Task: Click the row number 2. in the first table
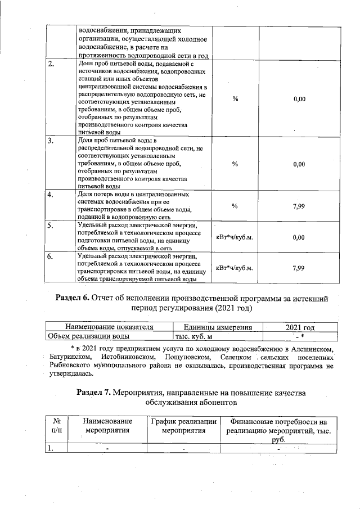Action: [x=51, y=63]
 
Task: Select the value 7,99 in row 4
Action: [x=299, y=206]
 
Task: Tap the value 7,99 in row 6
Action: [x=299, y=268]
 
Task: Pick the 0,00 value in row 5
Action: [x=299, y=237]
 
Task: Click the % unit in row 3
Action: [x=235, y=164]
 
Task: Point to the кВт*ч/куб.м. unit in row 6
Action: [x=235, y=268]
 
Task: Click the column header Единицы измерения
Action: [x=218, y=327]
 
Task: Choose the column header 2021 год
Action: [x=299, y=327]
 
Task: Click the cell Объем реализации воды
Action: [x=88, y=336]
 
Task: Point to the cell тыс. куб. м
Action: [x=193, y=336]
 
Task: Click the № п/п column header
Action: [x=56, y=426]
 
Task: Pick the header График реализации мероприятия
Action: [x=184, y=426]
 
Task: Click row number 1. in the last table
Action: [x=51, y=448]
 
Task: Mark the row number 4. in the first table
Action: [x=51, y=195]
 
